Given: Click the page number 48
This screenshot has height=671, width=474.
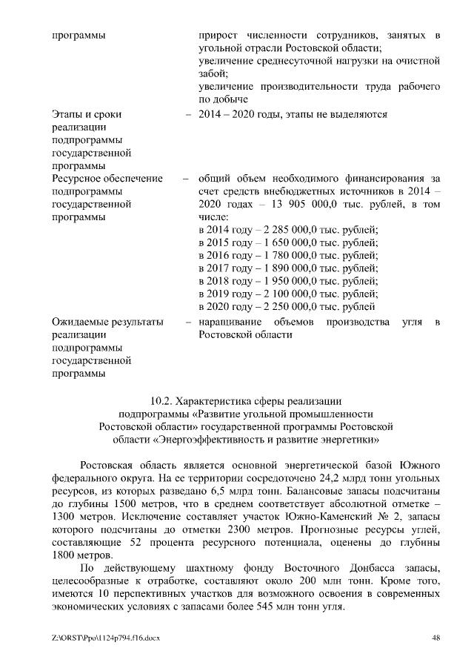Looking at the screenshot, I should [436, 638].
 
